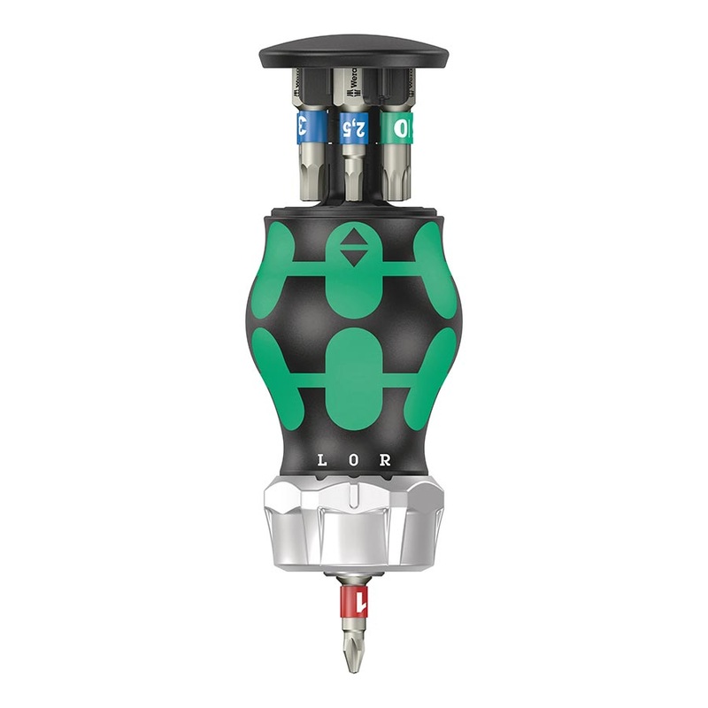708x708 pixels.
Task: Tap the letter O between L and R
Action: point(353,460)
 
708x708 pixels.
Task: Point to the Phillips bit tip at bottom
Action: point(353,650)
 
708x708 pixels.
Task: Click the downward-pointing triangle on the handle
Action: point(353,258)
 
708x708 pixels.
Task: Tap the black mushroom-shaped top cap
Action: point(353,51)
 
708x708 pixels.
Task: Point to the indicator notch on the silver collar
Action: point(354,489)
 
